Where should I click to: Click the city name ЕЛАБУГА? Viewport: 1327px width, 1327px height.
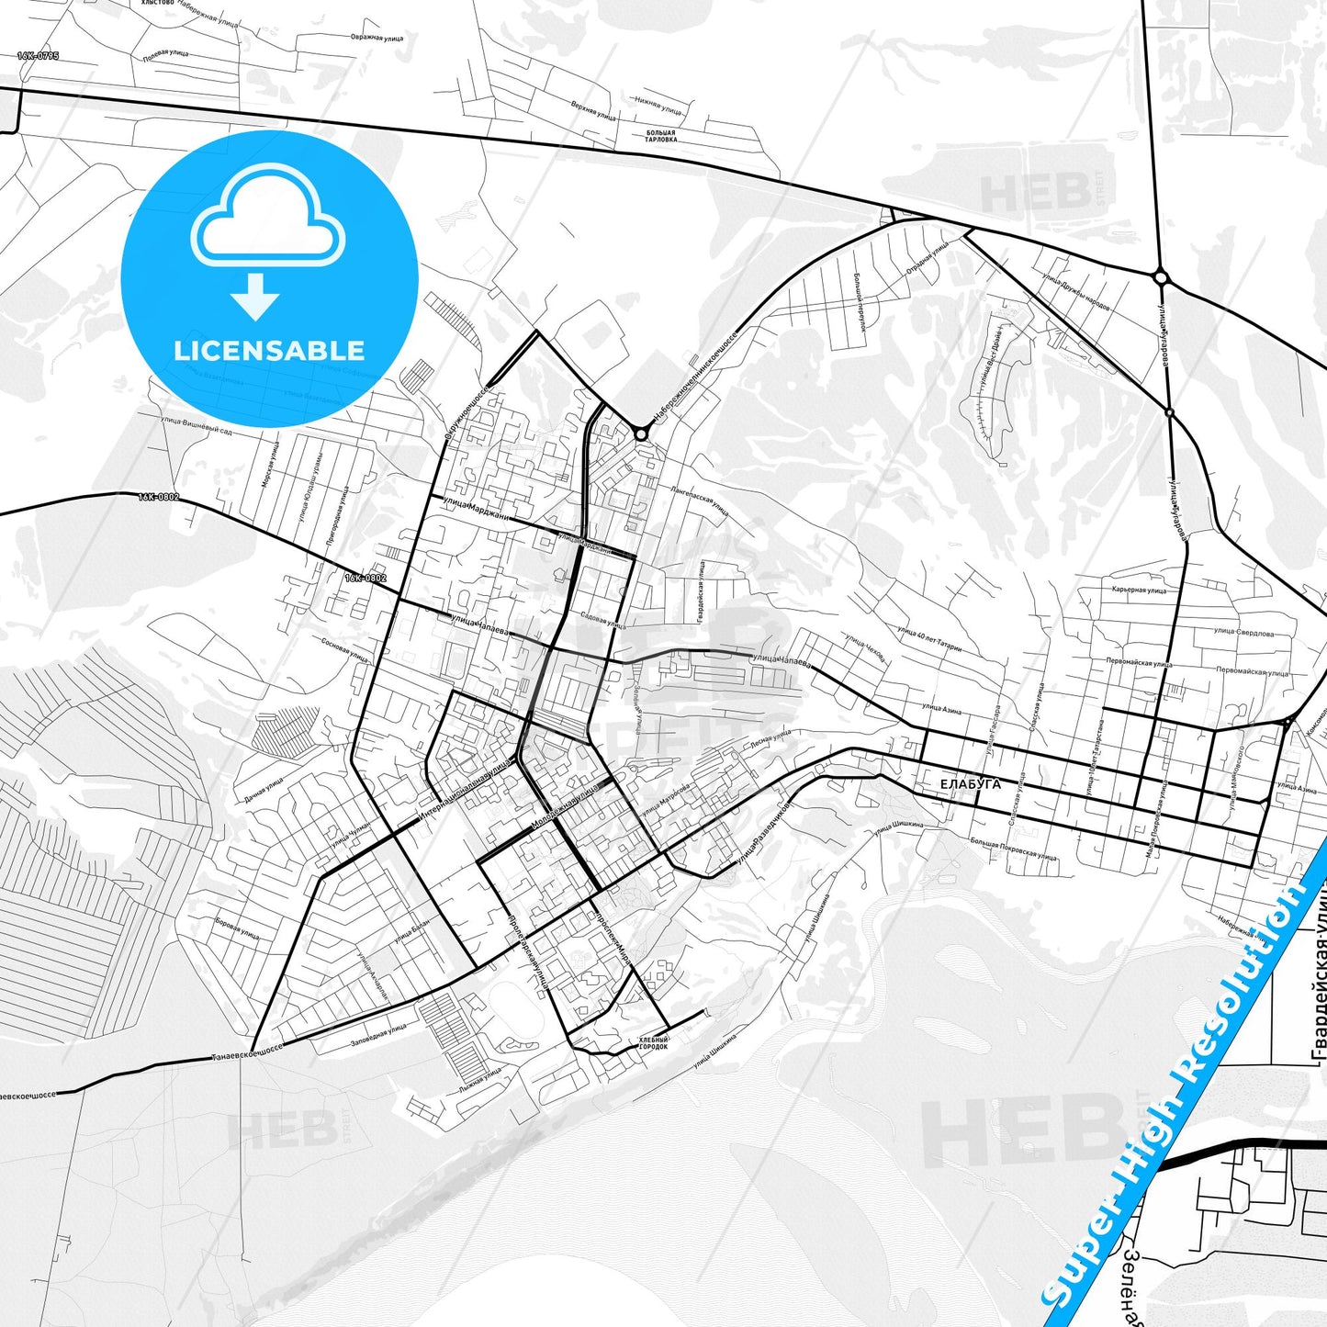coord(970,784)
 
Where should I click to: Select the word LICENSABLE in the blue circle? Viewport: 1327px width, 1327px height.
coord(269,350)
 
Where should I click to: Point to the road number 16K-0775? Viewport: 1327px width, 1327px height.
coord(38,56)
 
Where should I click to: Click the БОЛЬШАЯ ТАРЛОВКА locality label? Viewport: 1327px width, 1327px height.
coord(660,137)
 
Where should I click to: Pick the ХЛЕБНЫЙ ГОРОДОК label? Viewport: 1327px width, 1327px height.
coord(653,1043)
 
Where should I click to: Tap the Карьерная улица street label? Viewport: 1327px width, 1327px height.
coord(1139,590)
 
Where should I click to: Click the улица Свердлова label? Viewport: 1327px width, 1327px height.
coord(1243,632)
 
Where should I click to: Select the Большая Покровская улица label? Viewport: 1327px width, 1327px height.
coord(1014,849)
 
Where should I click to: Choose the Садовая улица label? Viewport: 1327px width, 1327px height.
coord(602,620)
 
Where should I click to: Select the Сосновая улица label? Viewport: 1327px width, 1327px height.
coord(345,650)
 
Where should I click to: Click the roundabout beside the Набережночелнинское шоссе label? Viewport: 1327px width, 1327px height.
coord(640,433)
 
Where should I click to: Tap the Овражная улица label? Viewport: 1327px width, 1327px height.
coord(377,39)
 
